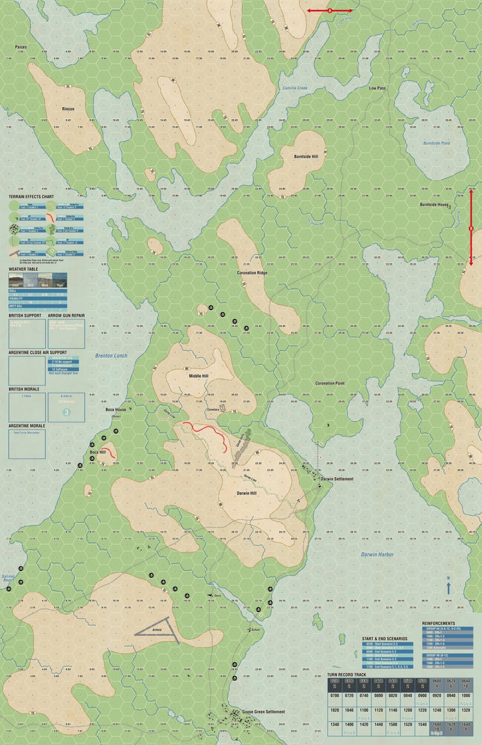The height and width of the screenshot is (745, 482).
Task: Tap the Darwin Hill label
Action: (247, 493)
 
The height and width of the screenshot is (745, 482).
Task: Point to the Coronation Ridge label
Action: (252, 273)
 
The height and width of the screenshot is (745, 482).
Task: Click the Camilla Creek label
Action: (295, 89)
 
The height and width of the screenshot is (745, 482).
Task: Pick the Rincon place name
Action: (68, 109)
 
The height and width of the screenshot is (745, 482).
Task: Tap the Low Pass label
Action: (377, 87)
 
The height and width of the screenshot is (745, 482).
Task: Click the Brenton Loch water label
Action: (111, 355)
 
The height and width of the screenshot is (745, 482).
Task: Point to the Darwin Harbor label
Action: (377, 554)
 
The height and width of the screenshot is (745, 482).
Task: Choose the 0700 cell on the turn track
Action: (334, 696)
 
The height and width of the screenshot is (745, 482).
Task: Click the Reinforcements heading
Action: (439, 623)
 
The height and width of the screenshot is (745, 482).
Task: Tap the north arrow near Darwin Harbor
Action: (448, 585)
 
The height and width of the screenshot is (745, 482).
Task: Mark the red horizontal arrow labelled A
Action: (330, 11)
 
